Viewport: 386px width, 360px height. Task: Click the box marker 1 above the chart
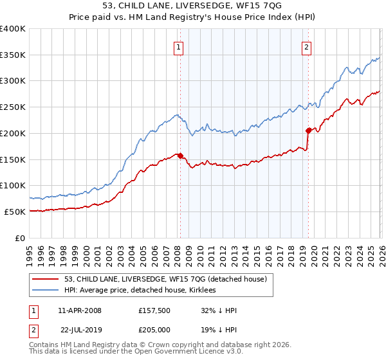178,46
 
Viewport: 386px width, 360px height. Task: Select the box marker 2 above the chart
306,46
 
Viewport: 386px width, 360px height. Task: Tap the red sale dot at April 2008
180,155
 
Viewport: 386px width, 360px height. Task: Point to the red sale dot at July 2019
308,130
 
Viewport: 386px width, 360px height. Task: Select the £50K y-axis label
15,212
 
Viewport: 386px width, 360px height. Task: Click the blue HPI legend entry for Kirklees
143,291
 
